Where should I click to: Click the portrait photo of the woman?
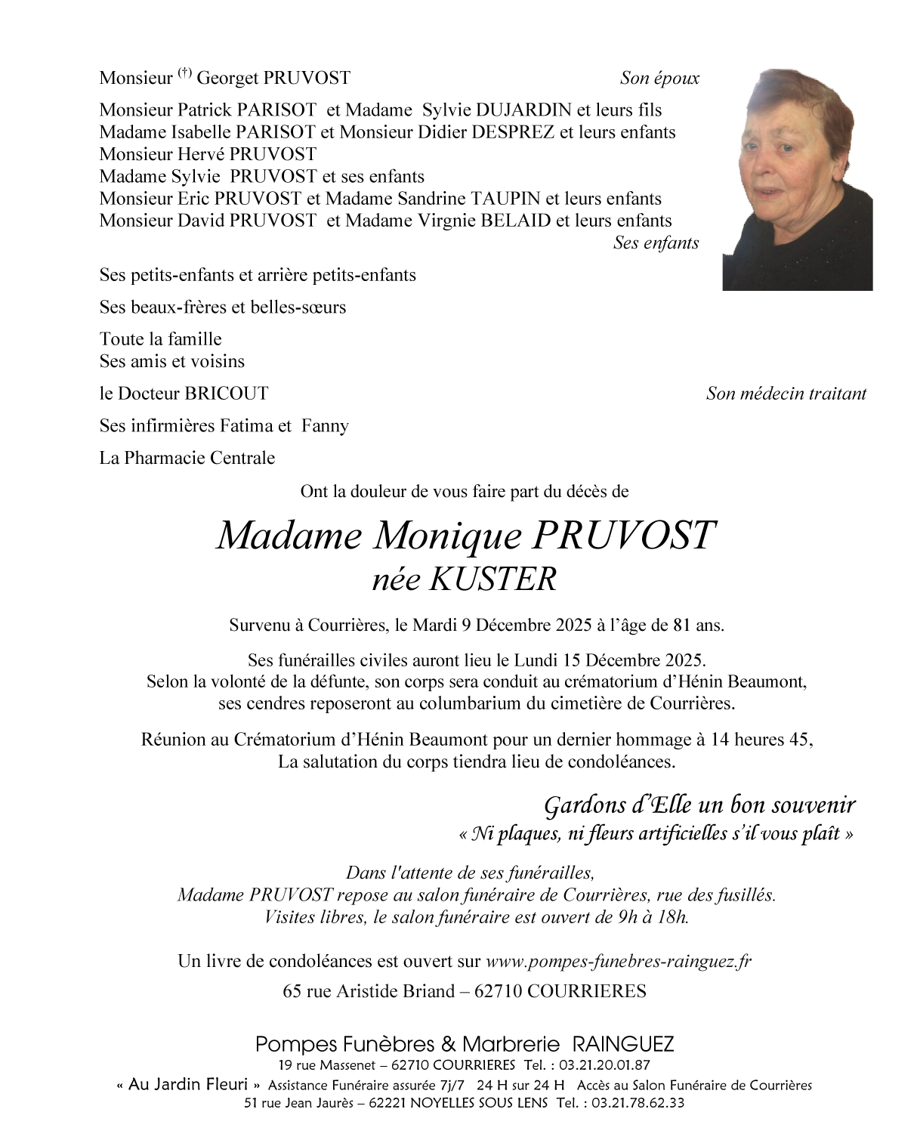797,180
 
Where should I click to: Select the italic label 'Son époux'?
659,78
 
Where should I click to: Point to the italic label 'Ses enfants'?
656,243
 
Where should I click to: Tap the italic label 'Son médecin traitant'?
786,394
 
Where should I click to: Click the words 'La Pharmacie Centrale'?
187,458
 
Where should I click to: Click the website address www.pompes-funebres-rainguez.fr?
619,961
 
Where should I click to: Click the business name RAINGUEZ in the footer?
623,1045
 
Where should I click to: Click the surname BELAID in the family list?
512,221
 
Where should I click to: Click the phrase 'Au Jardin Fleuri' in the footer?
188,1085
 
